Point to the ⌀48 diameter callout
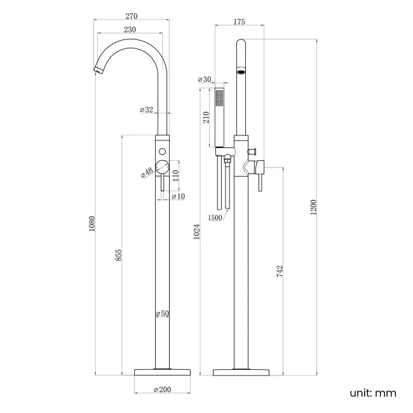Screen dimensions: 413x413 147,172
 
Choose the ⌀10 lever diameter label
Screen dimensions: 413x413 178,196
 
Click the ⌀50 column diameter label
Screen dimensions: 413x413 163,313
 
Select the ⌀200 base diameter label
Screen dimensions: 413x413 163,389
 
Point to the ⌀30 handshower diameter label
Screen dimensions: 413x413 204,79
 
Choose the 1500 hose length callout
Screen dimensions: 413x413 215,219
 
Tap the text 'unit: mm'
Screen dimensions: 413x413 372,393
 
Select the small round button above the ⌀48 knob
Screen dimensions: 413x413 163,151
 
